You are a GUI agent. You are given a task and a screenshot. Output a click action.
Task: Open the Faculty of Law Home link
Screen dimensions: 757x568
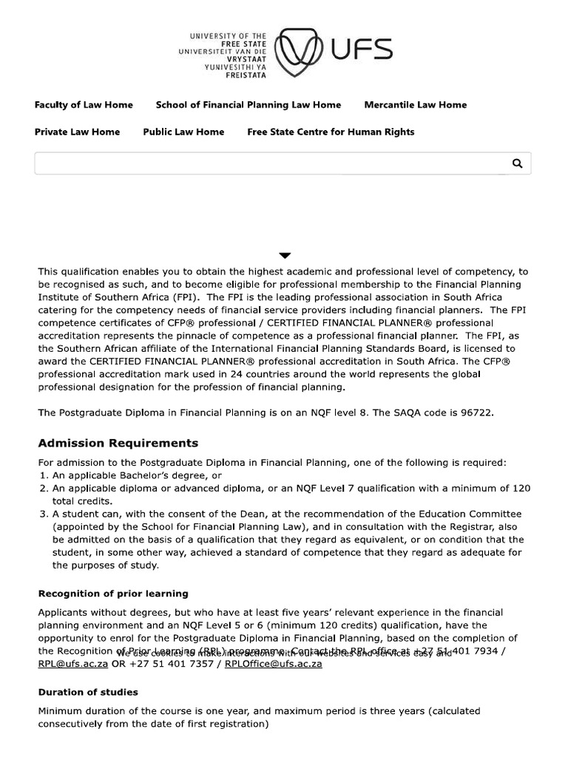tap(84, 105)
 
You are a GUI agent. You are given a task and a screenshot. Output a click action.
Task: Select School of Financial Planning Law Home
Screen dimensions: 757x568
tap(248, 105)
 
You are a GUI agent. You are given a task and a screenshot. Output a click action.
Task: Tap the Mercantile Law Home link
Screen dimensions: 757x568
tap(415, 105)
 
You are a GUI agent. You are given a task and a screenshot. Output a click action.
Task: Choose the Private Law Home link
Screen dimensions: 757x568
tap(77, 132)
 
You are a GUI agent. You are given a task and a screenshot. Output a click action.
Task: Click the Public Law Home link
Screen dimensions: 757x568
tap(183, 132)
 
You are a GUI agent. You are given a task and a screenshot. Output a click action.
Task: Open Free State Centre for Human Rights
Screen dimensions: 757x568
tap(331, 132)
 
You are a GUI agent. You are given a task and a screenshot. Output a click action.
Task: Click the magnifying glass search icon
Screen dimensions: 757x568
tap(517, 163)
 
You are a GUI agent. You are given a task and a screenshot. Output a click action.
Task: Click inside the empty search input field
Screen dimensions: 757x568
tap(266, 163)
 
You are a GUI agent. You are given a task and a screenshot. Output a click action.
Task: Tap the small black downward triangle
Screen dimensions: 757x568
tap(285, 256)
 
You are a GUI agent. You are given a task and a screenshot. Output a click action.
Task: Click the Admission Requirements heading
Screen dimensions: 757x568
tap(118, 444)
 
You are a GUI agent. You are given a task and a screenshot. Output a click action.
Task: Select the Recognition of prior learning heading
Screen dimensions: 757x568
tap(113, 594)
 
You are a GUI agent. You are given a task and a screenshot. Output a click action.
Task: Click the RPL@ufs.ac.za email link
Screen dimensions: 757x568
tap(73, 664)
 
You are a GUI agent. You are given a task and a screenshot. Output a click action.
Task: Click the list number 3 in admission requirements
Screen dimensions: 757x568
tap(43, 514)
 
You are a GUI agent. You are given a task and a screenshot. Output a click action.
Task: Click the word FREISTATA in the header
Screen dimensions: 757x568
tap(246, 75)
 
